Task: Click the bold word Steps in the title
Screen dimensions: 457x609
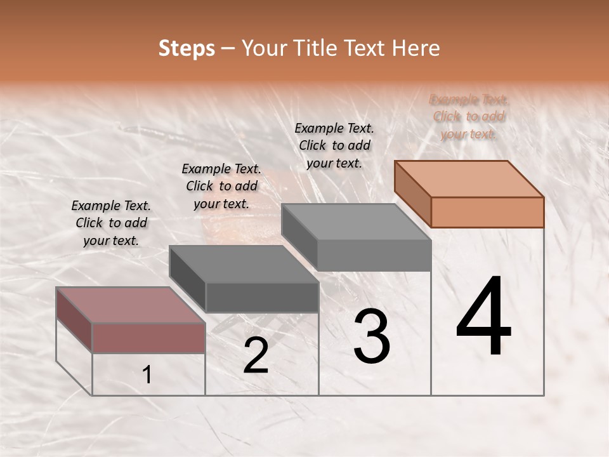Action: [x=187, y=48]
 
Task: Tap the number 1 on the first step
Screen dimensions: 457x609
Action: [x=147, y=375]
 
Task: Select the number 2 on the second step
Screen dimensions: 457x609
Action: [x=256, y=356]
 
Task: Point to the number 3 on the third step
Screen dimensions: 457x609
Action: [x=372, y=337]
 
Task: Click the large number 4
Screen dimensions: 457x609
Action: [x=483, y=317]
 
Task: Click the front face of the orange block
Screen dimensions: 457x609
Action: [x=487, y=212]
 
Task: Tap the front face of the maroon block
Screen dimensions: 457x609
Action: [x=148, y=338]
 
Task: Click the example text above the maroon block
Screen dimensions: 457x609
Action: [x=111, y=223]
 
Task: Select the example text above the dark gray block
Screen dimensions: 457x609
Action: [x=221, y=186]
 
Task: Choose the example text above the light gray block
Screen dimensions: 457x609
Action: [x=334, y=145]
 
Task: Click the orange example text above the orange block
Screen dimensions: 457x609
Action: [x=469, y=116]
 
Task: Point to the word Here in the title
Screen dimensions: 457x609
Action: [x=416, y=48]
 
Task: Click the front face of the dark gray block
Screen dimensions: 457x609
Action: [x=261, y=297]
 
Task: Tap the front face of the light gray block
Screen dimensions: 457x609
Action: [x=374, y=255]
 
